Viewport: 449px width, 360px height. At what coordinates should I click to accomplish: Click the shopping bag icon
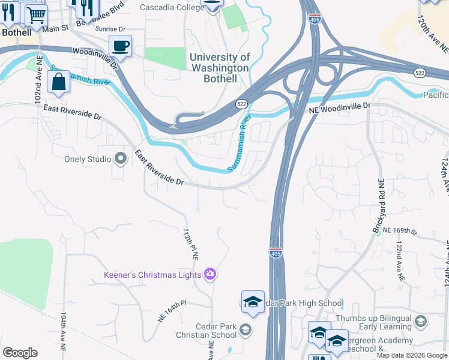[x=58, y=82]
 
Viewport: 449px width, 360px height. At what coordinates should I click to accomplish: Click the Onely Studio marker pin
[x=121, y=159]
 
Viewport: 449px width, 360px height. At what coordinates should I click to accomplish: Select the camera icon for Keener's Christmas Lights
[x=210, y=274]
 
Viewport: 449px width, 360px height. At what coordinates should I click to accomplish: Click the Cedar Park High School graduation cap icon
[x=253, y=302]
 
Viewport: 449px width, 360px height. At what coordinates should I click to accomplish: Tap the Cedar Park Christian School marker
[x=246, y=329]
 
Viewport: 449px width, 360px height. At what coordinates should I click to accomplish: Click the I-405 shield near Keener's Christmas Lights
[x=276, y=254]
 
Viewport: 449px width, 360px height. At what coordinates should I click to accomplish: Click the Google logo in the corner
[x=20, y=353]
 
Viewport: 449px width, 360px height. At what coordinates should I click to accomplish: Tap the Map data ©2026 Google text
[x=411, y=355]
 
